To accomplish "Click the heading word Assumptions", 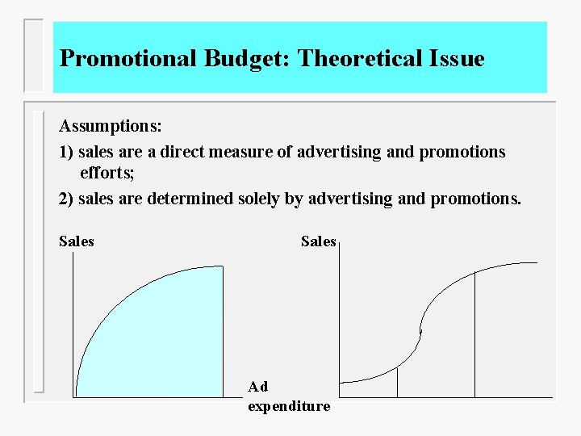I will click(x=111, y=127).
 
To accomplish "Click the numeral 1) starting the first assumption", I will click(x=66, y=152).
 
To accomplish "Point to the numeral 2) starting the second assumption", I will click(x=66, y=199).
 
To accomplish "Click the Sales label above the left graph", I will click(x=77, y=241).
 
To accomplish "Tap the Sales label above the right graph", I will click(x=318, y=241).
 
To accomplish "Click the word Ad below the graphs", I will click(x=258, y=387).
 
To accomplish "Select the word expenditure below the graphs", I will click(x=289, y=406).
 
